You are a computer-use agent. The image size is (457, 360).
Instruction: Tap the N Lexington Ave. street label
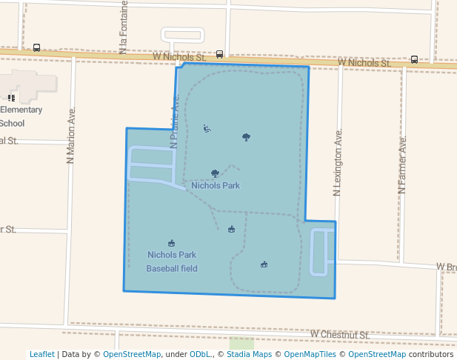coord(338,163)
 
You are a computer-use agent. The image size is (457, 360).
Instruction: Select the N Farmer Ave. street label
coord(402,164)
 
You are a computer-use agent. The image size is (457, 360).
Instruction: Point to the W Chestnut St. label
coord(340,335)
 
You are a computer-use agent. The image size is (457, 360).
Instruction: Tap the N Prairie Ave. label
coord(176,119)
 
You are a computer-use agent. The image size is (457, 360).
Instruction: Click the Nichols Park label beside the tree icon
coord(216,185)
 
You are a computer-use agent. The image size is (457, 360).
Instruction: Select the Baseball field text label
coord(172,268)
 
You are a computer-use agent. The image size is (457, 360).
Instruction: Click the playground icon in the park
coord(207,129)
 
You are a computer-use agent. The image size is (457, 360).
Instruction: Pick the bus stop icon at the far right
coord(414,59)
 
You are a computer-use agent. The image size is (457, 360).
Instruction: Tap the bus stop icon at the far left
coord(37,48)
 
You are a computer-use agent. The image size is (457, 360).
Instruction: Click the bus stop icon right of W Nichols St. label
coord(219,54)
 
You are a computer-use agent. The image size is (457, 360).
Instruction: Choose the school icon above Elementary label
coord(11,97)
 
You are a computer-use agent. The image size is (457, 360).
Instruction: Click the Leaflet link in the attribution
coord(42,354)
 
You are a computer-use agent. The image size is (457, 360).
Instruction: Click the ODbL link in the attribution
coord(201,354)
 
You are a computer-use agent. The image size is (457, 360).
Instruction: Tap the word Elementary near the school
coord(21,110)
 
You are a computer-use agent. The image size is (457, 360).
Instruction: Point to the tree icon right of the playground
coord(246,137)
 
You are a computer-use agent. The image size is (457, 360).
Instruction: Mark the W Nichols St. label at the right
coord(364,63)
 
